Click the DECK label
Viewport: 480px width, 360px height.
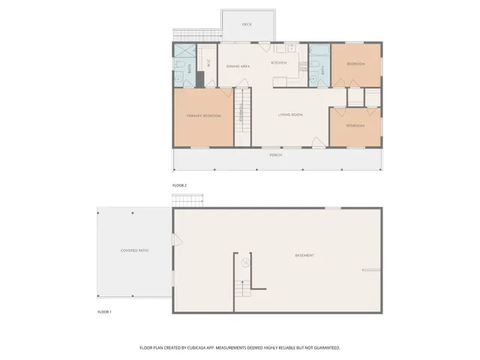[x=247, y=25]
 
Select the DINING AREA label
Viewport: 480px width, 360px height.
[x=238, y=67]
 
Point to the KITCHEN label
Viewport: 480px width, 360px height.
[x=279, y=63]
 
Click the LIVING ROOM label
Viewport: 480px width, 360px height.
[x=290, y=115]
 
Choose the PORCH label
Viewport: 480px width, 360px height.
[x=275, y=155]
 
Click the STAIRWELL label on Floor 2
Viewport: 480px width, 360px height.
[x=241, y=116]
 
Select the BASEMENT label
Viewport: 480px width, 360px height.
[x=304, y=256]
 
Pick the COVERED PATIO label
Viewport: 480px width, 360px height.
[x=133, y=250]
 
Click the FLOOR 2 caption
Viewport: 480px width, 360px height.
[x=179, y=184]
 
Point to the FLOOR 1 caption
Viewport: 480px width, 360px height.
[x=104, y=311]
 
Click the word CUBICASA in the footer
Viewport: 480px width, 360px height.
[x=199, y=348]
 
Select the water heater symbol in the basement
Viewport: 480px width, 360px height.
[x=244, y=262]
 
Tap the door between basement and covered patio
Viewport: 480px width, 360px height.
[x=176, y=240]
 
